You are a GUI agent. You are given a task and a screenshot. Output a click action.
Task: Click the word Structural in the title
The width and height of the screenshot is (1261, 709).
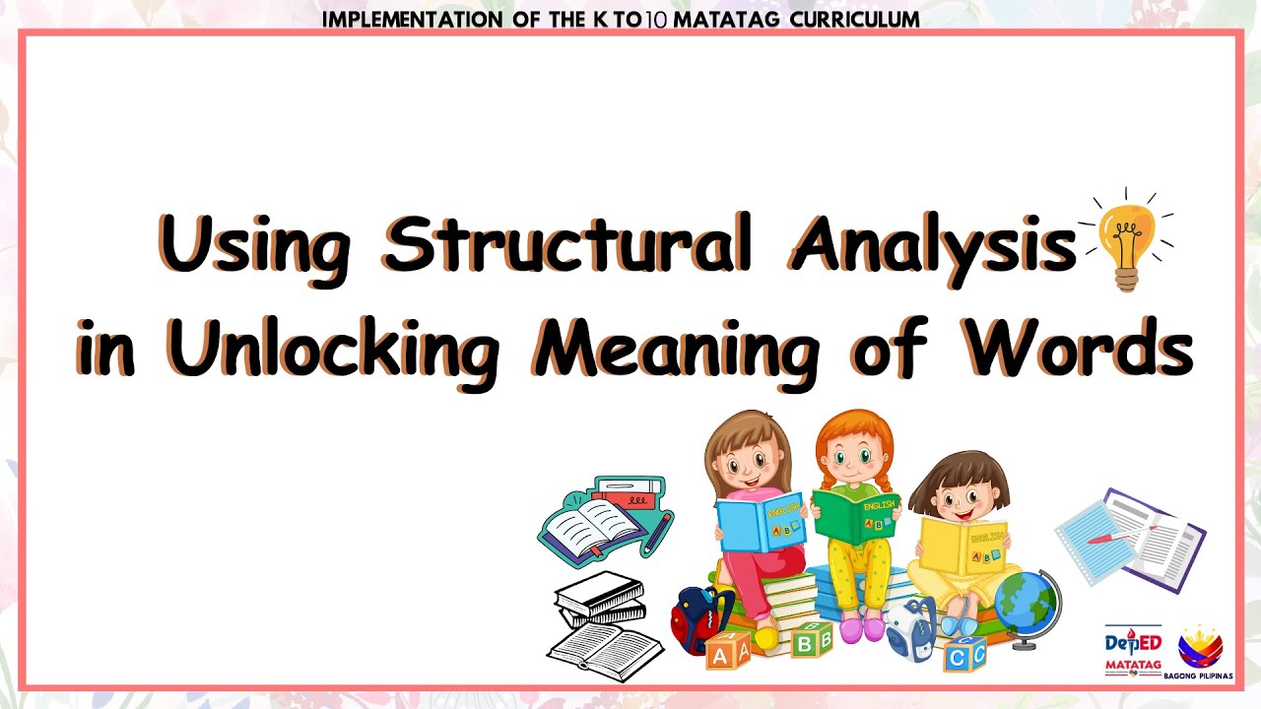pos(566,243)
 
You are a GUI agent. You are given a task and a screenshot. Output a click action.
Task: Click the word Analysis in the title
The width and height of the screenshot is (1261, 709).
pos(931,243)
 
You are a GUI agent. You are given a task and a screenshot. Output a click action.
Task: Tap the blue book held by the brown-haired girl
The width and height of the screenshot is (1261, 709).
pos(761,522)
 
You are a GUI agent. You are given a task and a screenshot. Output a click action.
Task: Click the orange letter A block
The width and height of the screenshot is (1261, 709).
pos(727,650)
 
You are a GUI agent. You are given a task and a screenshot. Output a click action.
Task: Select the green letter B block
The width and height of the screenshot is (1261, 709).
pos(812,641)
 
